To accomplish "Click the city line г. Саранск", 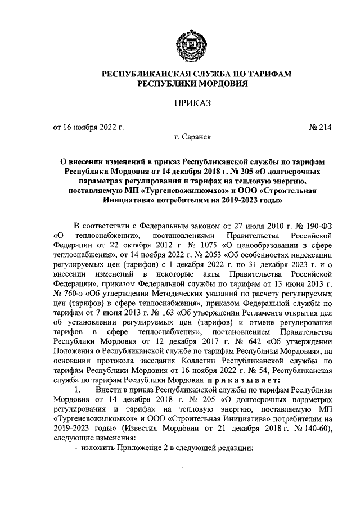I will tap(193, 137).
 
